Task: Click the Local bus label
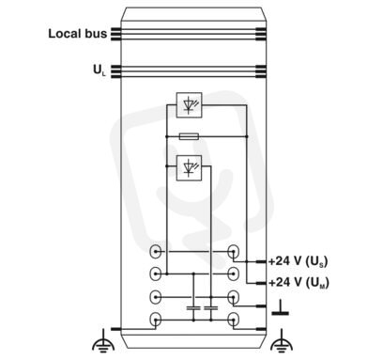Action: pyautogui.click(x=77, y=34)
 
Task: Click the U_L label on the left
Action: pyautogui.click(x=100, y=70)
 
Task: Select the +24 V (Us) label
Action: pyautogui.click(x=299, y=261)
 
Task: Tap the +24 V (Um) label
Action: pyautogui.click(x=299, y=283)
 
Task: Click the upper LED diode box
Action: pyautogui.click(x=189, y=105)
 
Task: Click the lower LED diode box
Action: pyautogui.click(x=189, y=168)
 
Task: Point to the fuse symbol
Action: pyautogui.click(x=189, y=136)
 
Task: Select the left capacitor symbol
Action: pyautogui.click(x=193, y=308)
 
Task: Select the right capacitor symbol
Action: pyautogui.click(x=211, y=308)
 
